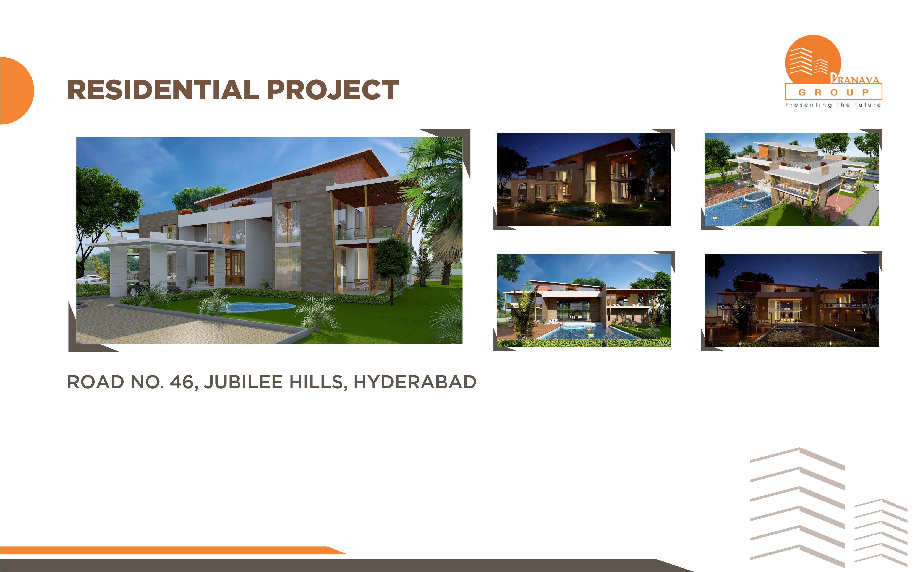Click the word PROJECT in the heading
click(333, 90)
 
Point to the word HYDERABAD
click(415, 382)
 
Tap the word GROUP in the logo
click(833, 92)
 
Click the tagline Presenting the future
click(833, 105)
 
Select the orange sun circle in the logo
click(813, 59)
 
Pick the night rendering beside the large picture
click(584, 179)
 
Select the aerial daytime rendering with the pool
click(791, 179)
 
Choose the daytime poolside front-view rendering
click(584, 301)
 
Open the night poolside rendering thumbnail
click(791, 301)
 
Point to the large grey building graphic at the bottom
click(797, 507)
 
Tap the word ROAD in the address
click(96, 382)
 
